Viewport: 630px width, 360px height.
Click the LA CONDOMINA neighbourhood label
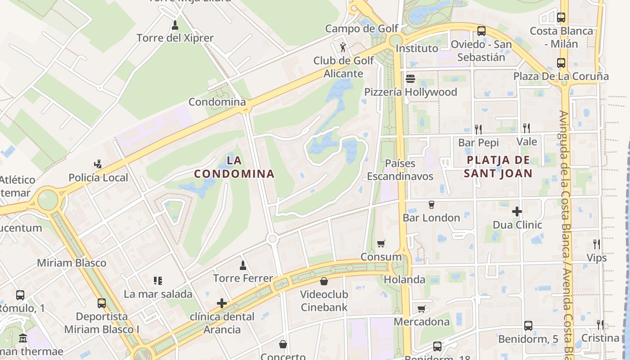coord(234,167)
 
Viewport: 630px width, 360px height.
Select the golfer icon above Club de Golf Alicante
coord(343,47)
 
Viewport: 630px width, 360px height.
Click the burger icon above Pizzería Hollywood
coord(410,79)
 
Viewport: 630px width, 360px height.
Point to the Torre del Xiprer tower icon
coord(175,25)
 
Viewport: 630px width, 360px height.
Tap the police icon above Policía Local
coord(98,164)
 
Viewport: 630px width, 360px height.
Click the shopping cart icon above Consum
coord(381,243)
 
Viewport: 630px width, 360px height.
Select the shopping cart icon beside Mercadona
coord(421,309)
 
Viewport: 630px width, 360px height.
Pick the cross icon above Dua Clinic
coord(517,211)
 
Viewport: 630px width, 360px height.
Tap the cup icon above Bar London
coord(431,205)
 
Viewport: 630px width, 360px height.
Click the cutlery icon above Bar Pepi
coord(478,129)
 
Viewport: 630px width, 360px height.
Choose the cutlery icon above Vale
coord(526,128)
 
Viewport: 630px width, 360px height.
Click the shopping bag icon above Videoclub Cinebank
coord(324,282)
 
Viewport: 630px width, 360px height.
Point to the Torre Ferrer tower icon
coord(243,265)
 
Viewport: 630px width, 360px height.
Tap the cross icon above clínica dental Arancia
coord(222,303)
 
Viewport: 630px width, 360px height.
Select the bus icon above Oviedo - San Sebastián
coord(481,31)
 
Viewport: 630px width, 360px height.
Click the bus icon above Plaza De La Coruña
coord(561,63)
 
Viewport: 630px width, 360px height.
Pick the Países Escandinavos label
coord(400,170)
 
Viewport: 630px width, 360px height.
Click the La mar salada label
coord(158,294)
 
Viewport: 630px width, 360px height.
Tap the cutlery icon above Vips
coord(597,244)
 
